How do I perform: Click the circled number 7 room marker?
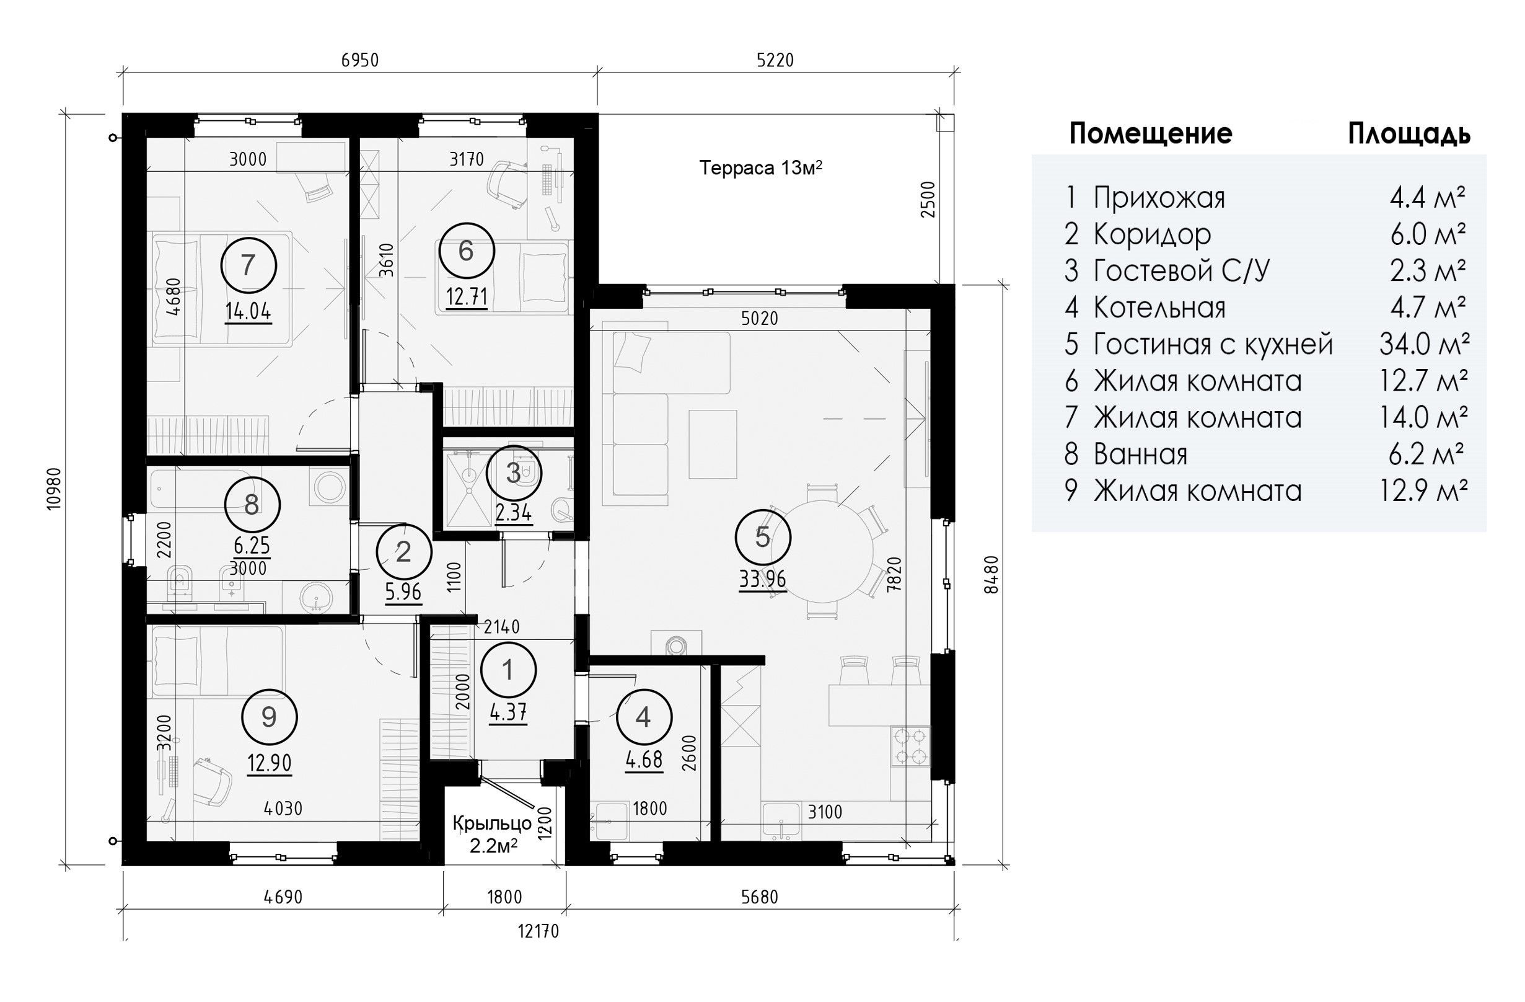point(248,265)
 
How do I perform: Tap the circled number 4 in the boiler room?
point(643,717)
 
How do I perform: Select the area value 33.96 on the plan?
point(762,580)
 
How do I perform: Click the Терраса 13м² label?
point(760,168)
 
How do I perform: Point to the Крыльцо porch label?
point(493,823)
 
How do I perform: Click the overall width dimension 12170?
point(539,931)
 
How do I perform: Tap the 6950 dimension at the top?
point(360,60)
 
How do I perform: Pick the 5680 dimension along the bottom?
point(760,896)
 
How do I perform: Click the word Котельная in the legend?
point(1159,308)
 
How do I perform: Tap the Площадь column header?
point(1409,134)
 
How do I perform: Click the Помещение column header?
point(1151,134)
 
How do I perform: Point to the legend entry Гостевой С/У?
point(1181,270)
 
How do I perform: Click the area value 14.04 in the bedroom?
point(248,313)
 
